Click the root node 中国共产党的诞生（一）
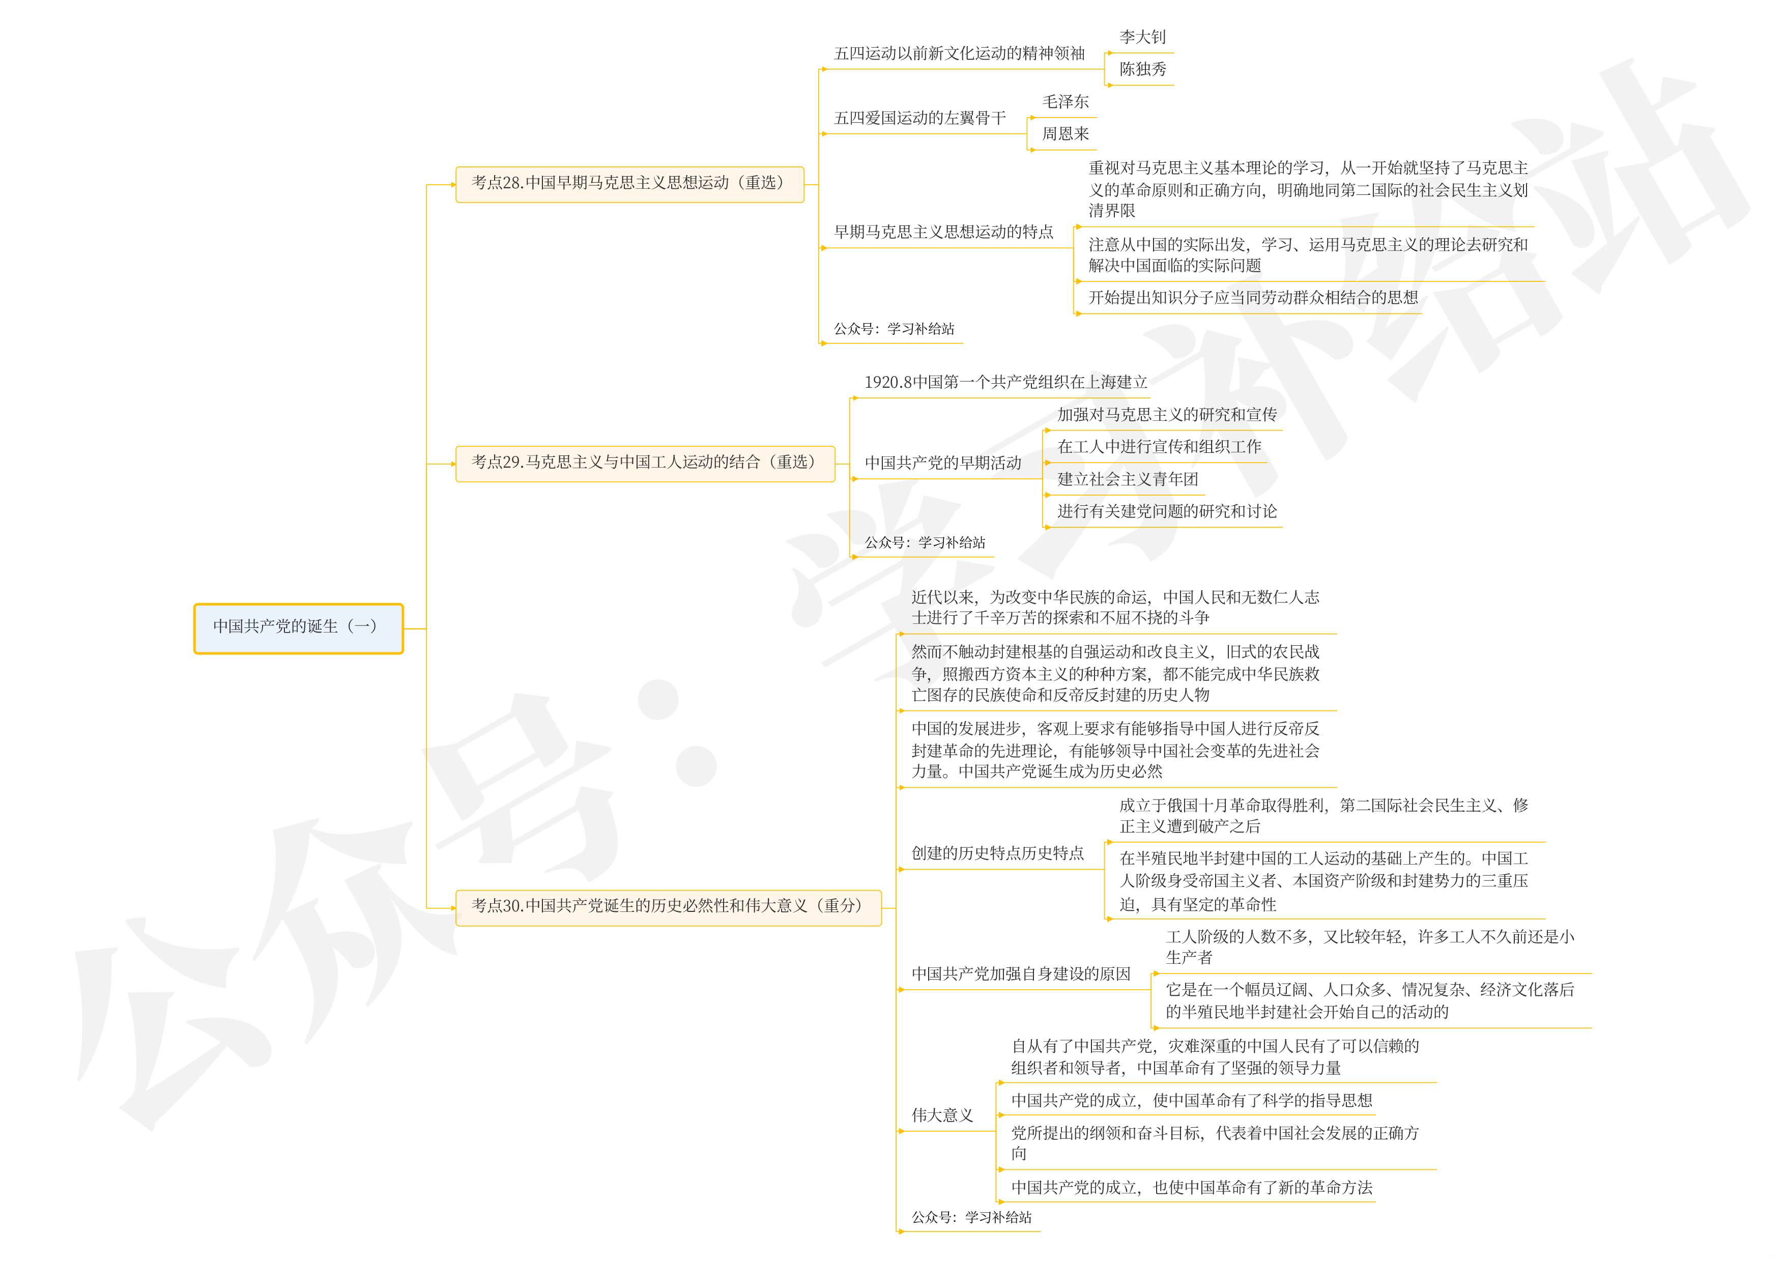[x=298, y=627]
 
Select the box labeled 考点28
[x=629, y=184]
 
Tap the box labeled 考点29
[x=645, y=464]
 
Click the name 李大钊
[x=1142, y=37]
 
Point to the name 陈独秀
[x=1142, y=69]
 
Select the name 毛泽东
[x=1065, y=102]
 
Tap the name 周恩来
[x=1065, y=134]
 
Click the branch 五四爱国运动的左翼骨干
[x=919, y=118]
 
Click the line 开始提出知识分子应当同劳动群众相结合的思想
[x=1252, y=298]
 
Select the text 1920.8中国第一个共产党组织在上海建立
[x=1005, y=383]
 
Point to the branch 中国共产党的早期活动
[x=942, y=464]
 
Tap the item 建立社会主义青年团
[x=1127, y=480]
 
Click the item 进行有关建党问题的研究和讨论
[x=1166, y=511]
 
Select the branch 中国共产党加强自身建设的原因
[x=1021, y=974]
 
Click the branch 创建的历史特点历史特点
[x=997, y=853]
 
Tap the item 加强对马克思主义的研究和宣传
[x=1166, y=415]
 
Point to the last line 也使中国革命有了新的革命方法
[x=1191, y=1188]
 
